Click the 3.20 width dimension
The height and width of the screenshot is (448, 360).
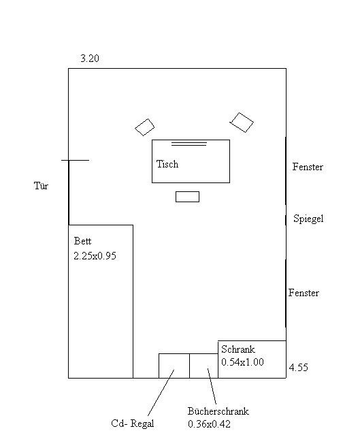(90, 59)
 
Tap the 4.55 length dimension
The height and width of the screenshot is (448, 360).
(298, 367)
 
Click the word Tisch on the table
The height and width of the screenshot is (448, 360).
(167, 164)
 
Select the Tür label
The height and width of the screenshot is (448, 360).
(41, 186)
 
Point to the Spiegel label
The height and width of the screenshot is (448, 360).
(308, 219)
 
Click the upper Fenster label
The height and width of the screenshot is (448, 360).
(308, 167)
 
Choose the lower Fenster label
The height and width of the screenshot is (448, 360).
(304, 293)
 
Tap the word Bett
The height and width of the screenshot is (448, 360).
(82, 241)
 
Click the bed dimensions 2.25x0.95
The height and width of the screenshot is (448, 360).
(95, 256)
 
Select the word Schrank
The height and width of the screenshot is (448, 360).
(238, 349)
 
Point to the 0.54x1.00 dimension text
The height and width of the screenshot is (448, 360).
(242, 362)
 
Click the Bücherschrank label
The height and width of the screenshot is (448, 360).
(218, 411)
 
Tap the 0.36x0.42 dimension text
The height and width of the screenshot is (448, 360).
(209, 424)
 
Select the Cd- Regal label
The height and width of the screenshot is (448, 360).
(132, 423)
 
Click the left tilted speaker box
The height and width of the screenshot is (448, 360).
(144, 127)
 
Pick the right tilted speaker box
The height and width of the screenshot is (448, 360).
(242, 123)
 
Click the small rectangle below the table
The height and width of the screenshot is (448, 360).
(187, 197)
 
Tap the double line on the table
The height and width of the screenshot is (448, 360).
(189, 144)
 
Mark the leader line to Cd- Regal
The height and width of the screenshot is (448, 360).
(161, 393)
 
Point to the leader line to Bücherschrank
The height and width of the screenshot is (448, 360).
(212, 386)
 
